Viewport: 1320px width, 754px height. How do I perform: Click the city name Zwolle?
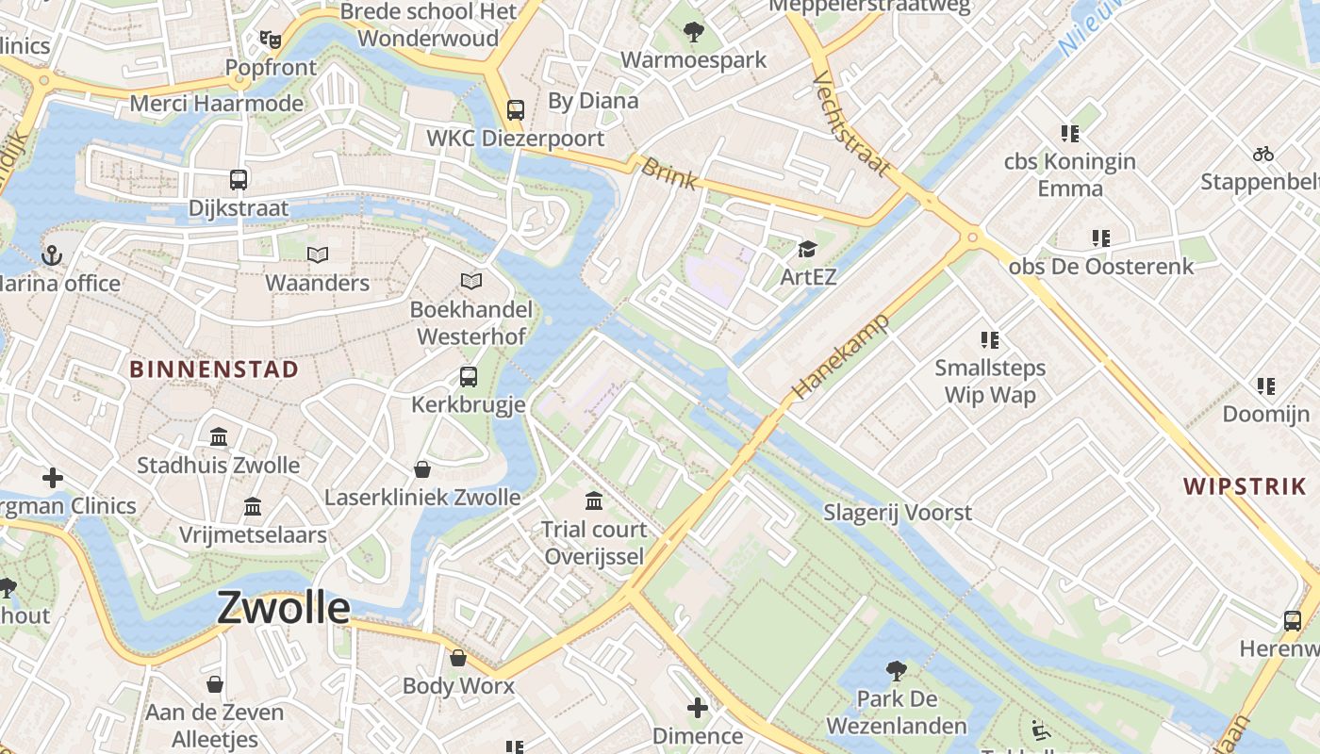284,608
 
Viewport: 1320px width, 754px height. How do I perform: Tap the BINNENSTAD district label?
214,369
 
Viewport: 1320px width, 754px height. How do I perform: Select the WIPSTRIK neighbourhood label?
1245,486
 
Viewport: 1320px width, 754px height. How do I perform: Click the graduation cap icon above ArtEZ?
807,249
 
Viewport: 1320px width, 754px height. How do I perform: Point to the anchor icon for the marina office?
52,255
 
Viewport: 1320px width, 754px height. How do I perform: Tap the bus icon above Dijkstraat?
239,179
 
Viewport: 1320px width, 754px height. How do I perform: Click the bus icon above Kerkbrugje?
469,377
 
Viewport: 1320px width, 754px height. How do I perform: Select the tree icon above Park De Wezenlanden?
897,671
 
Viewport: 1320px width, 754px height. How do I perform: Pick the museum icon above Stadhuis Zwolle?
219,436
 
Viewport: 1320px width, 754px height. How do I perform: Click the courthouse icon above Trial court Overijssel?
594,500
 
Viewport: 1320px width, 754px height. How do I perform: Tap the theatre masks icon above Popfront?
271,40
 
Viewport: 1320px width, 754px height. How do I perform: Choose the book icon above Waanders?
318,254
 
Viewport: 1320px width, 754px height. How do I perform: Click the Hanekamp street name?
841,357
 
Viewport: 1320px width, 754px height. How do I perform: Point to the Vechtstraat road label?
850,123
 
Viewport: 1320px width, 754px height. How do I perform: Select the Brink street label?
668,173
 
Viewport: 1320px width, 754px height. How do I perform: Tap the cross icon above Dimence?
698,708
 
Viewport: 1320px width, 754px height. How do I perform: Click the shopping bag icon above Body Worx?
458,658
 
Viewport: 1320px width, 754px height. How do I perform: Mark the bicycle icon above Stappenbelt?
1262,154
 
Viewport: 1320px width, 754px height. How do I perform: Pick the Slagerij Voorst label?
898,513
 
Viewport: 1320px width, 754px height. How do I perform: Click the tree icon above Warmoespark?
694,32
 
